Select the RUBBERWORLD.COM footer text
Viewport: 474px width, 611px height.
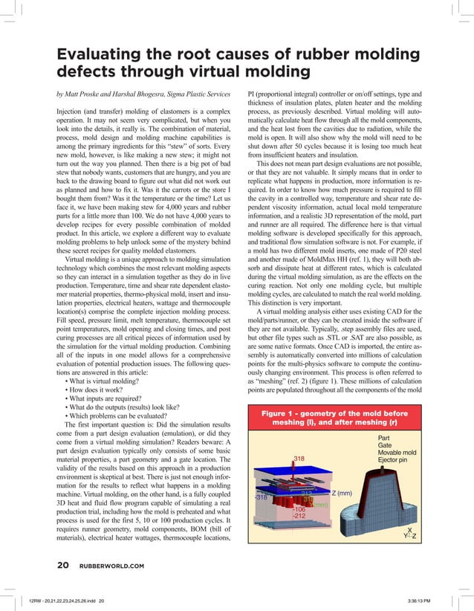pos(111,565)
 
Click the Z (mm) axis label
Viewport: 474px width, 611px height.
pos(345,494)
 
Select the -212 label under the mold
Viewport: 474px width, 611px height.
pos(300,514)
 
